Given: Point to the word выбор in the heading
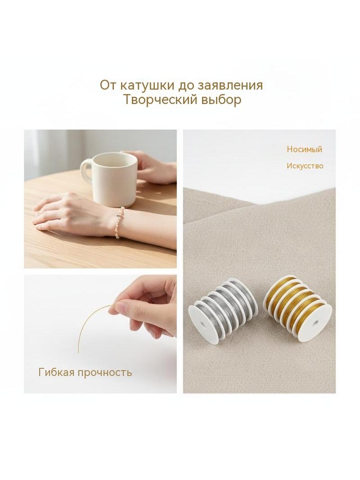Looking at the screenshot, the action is pos(221,100).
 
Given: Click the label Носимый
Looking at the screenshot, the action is pos(304,149).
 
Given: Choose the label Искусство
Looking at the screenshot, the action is pos(305,166).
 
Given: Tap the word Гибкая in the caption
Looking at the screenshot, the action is pos(57,372).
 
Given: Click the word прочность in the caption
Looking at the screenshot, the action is pos(105,373).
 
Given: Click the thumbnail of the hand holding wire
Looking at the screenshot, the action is pos(100,334).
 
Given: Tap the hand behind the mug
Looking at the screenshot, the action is pos(153,168).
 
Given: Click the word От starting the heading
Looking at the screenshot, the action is pos(108,85).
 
